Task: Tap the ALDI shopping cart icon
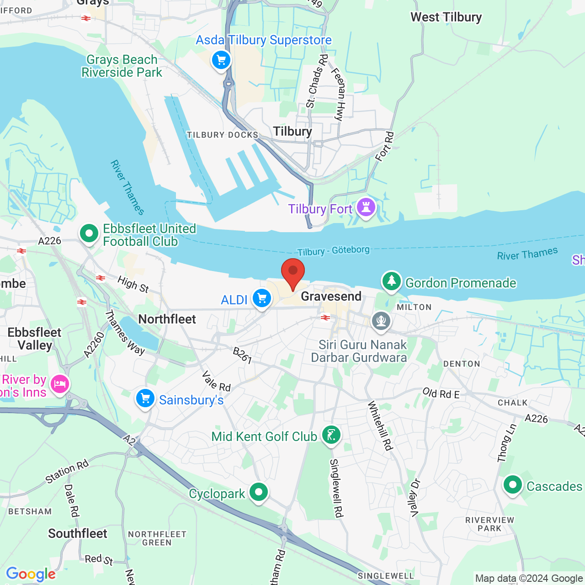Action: tap(262, 298)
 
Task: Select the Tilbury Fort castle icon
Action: tap(366, 207)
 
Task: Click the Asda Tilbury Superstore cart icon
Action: tap(221, 60)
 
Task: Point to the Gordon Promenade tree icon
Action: tap(392, 281)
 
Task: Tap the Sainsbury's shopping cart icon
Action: tap(145, 399)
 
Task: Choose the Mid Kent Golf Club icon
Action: tap(331, 435)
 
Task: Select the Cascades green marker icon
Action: tap(512, 485)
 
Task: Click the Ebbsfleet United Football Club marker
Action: tap(89, 234)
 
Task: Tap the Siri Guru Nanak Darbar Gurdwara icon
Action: tap(381, 320)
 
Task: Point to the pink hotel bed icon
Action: tap(60, 384)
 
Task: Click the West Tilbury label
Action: tap(446, 17)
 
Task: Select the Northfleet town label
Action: tap(167, 319)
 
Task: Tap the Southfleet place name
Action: tap(78, 533)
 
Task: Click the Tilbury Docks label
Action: tap(223, 135)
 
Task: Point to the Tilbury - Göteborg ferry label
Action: tap(333, 251)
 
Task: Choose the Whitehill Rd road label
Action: tap(380, 425)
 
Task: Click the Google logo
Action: tap(31, 574)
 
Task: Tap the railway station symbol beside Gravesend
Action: tap(325, 318)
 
